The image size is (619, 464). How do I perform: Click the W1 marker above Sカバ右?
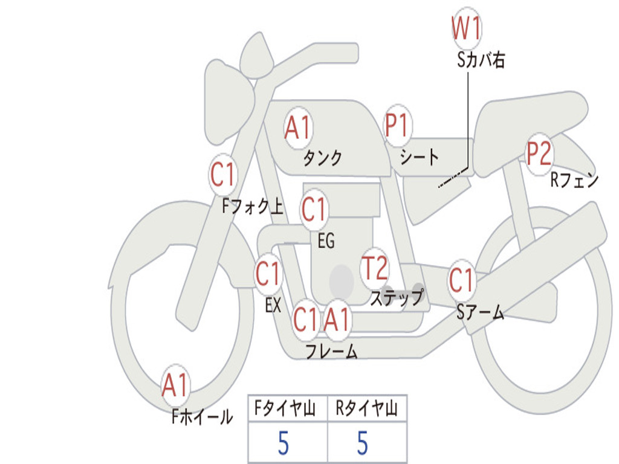click(467, 28)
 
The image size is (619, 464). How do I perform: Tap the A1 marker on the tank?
click(297, 127)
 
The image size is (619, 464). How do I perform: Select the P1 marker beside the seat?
click(397, 126)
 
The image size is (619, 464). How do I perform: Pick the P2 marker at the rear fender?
click(539, 154)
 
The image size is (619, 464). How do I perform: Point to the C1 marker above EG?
click(314, 210)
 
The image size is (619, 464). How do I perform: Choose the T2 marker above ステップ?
click(374, 268)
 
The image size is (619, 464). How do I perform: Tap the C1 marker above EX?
click(268, 275)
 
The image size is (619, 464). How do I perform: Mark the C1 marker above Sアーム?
click(462, 280)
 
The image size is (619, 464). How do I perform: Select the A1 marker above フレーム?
click(337, 319)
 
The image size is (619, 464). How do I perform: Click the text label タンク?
click(322, 158)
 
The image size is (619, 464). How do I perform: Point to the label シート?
click(419, 158)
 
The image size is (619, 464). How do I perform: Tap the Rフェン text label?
click(574, 180)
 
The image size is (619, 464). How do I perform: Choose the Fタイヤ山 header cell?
click(287, 409)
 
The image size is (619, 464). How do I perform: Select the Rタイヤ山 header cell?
click(366, 409)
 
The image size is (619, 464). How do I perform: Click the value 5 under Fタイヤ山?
click(284, 443)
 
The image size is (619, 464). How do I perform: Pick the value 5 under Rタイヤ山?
click(362, 443)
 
